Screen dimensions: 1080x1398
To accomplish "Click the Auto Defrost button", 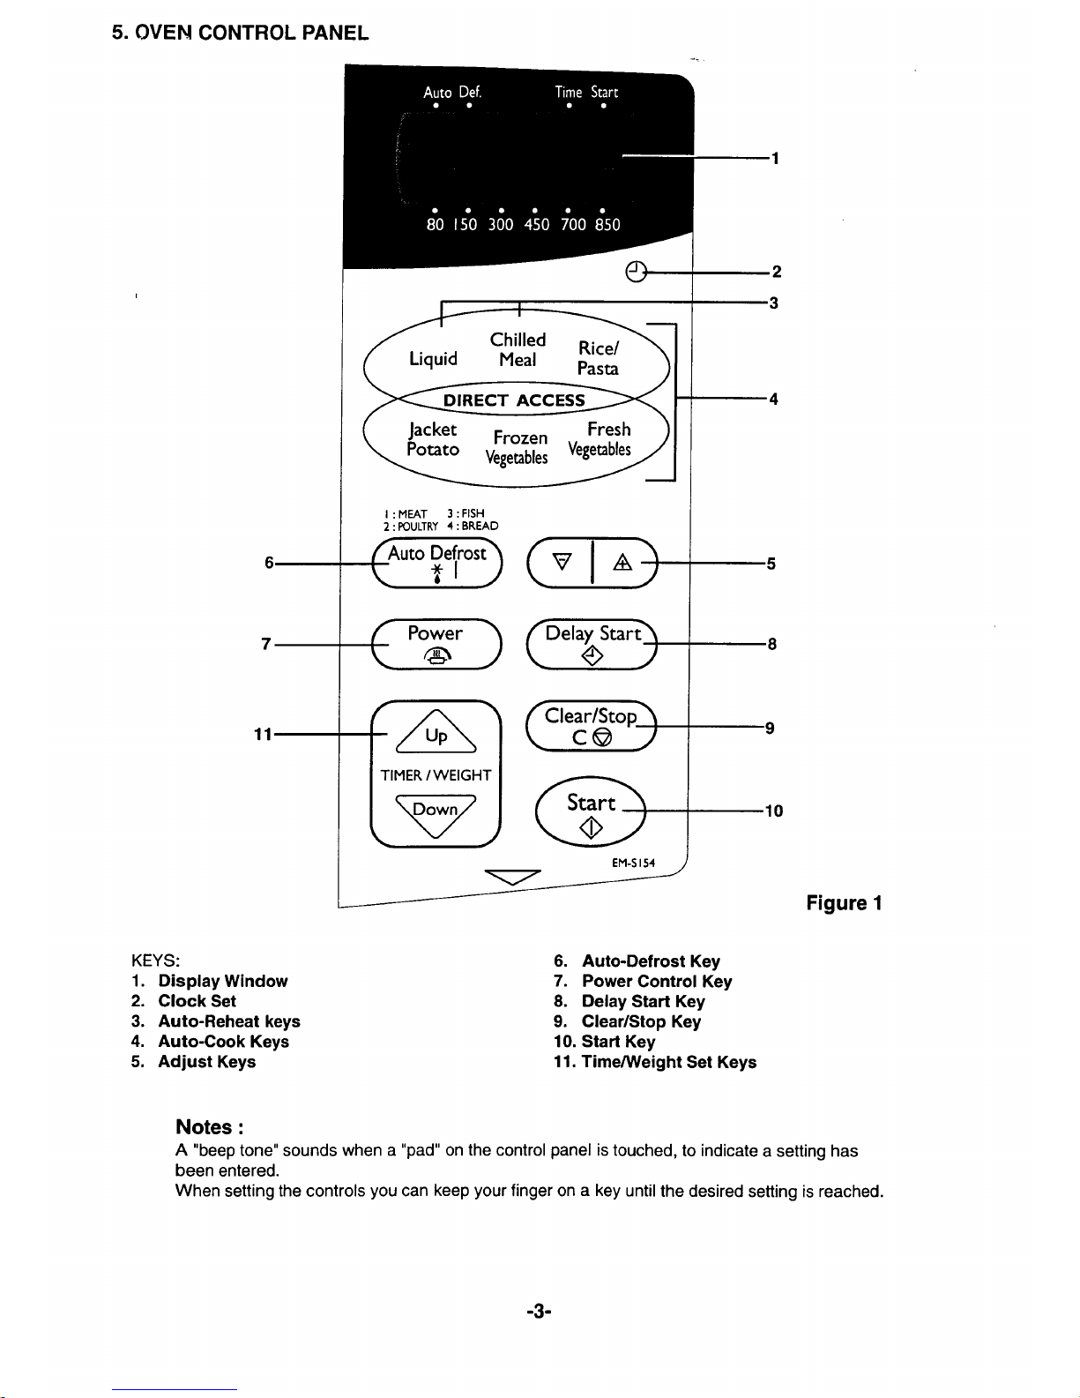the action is click(x=437, y=563).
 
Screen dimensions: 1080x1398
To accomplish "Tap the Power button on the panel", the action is click(x=436, y=643).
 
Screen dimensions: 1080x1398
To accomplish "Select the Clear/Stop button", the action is click(x=592, y=726).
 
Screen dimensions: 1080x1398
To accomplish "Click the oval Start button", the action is click(x=591, y=811).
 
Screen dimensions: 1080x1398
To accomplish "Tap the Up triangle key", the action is click(x=436, y=731).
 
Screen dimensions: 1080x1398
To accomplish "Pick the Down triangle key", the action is click(x=436, y=815).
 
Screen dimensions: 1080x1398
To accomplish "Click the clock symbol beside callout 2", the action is click(x=636, y=272).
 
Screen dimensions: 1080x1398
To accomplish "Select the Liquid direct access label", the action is click(x=433, y=358).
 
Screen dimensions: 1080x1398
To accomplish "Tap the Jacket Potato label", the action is click(x=433, y=438).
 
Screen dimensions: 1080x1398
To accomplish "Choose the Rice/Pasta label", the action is click(x=598, y=358).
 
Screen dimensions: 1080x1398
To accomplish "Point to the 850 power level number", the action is click(x=607, y=225).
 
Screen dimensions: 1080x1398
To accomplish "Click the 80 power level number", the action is click(x=436, y=225).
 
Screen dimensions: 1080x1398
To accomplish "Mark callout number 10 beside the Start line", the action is click(x=774, y=811).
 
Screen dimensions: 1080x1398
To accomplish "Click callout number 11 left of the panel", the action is click(x=263, y=734).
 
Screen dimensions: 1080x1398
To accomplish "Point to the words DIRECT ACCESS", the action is click(x=514, y=400).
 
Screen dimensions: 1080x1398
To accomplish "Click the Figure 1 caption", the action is click(x=844, y=902).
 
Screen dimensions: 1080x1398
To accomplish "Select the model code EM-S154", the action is click(x=633, y=863).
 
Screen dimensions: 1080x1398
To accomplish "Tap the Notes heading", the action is click(x=210, y=1127).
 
